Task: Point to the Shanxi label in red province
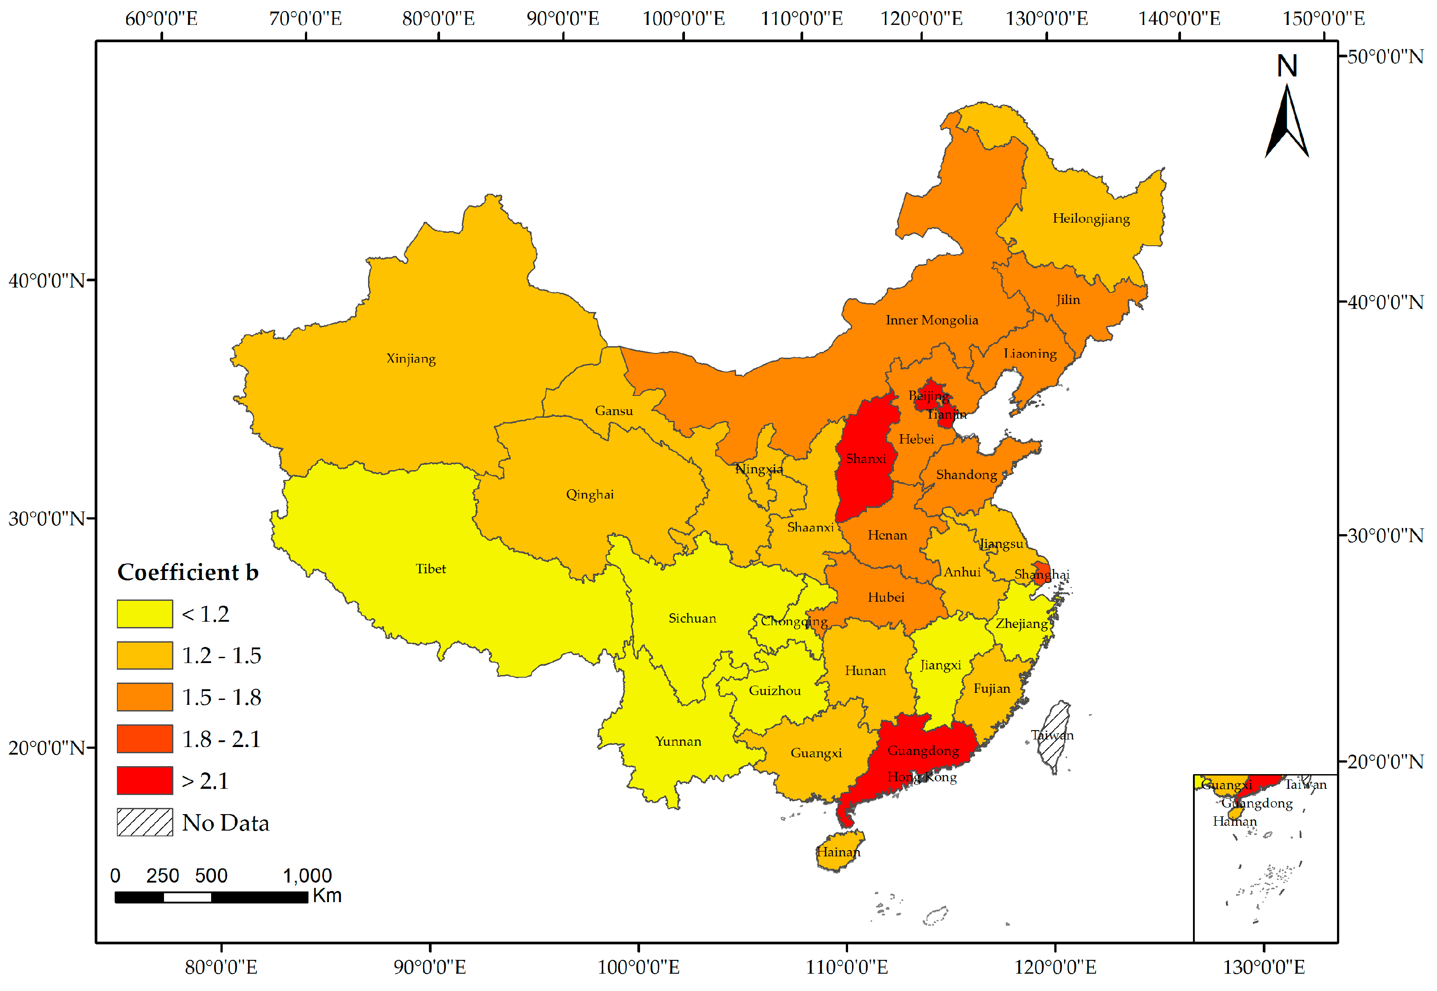[866, 459]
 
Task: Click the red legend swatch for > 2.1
[145, 780]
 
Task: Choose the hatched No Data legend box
[145, 822]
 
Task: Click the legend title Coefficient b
[188, 572]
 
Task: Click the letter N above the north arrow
[1287, 66]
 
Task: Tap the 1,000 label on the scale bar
[308, 875]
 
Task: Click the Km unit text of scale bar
[327, 895]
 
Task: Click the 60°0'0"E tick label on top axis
[161, 19]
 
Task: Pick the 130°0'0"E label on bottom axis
[1263, 967]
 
